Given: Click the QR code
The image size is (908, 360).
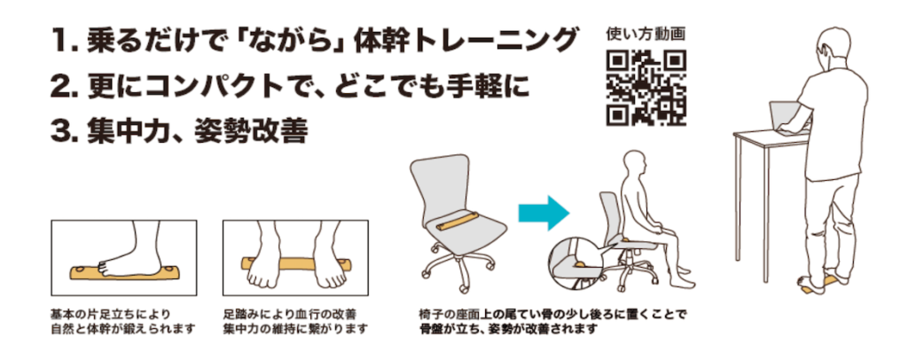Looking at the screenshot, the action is tap(646, 88).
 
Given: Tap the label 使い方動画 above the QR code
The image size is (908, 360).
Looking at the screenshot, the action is tap(646, 35).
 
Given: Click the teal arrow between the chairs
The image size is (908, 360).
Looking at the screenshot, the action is tap(544, 213).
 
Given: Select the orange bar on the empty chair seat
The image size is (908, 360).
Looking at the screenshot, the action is tap(458, 222).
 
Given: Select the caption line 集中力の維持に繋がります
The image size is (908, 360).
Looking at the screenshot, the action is tap(295, 329).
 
